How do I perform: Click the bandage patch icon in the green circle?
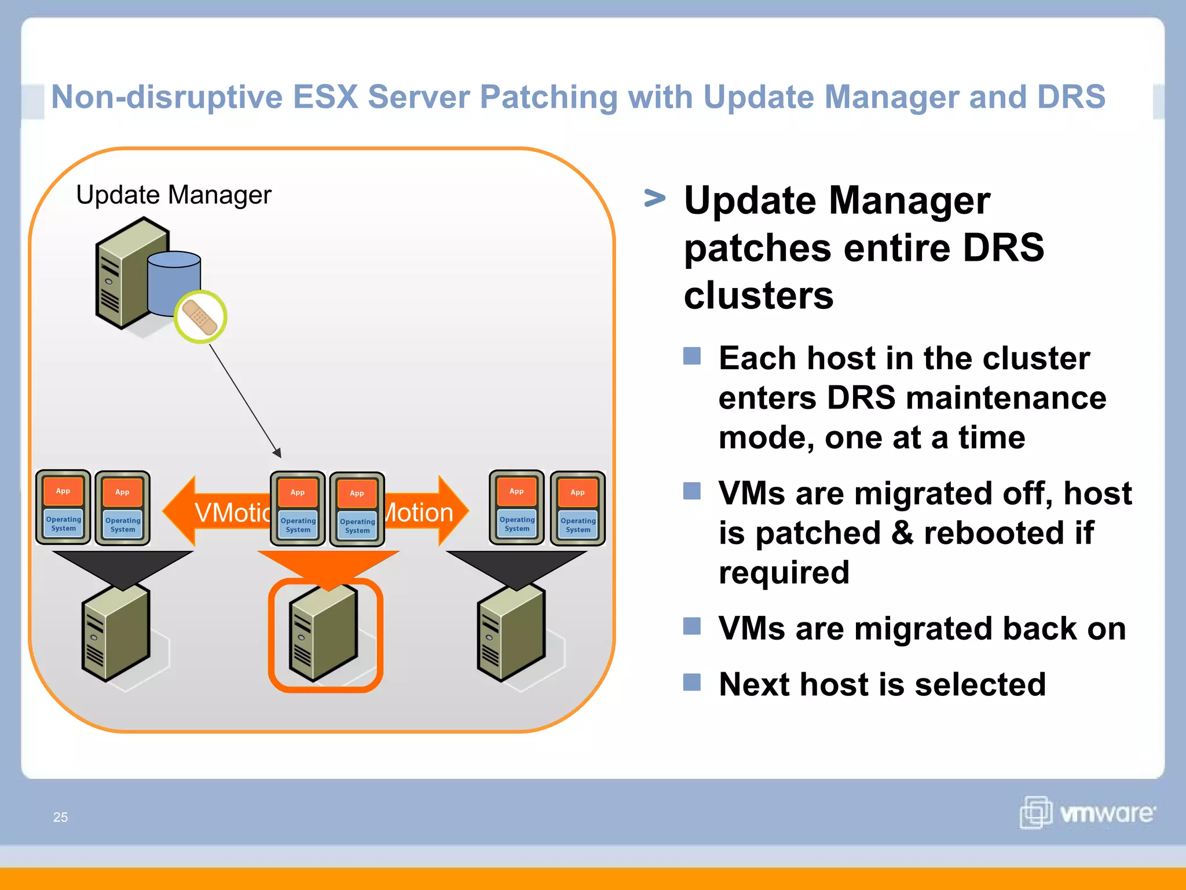tap(200, 317)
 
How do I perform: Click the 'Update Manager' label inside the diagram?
tap(173, 195)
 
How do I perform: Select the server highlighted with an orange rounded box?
tap(324, 634)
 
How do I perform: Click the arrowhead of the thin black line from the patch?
tap(277, 453)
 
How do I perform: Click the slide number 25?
tap(60, 817)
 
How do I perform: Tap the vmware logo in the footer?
tap(1087, 812)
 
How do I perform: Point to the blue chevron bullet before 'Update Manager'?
tap(654, 199)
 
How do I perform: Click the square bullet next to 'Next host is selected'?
tap(691, 682)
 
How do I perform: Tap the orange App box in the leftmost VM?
tap(63, 491)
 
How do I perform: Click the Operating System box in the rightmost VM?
tap(577, 525)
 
